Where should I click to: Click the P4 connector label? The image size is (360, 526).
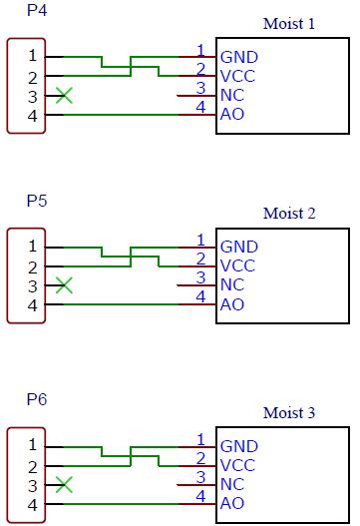[37, 11]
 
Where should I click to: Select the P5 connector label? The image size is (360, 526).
[37, 201]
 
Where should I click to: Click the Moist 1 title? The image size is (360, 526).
[289, 23]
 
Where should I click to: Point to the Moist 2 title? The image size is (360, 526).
[289, 213]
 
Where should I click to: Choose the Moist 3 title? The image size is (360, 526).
[289, 411]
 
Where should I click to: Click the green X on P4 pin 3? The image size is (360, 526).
[65, 96]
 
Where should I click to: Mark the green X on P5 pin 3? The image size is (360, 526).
[65, 285]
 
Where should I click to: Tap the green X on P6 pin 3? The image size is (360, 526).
[65, 484]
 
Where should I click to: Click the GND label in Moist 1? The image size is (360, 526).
[238, 57]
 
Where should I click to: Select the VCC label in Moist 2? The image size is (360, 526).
[237, 265]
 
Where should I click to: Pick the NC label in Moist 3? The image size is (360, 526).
[232, 484]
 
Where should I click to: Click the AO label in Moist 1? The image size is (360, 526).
[231, 115]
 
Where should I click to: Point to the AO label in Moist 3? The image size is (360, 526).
[231, 503]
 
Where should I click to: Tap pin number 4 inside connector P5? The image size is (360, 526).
[33, 304]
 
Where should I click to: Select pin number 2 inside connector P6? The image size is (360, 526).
[33, 465]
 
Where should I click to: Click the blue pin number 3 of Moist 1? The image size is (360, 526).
[200, 88]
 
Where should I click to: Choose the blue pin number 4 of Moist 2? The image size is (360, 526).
[200, 296]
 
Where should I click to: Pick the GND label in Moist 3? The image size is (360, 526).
[238, 445]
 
